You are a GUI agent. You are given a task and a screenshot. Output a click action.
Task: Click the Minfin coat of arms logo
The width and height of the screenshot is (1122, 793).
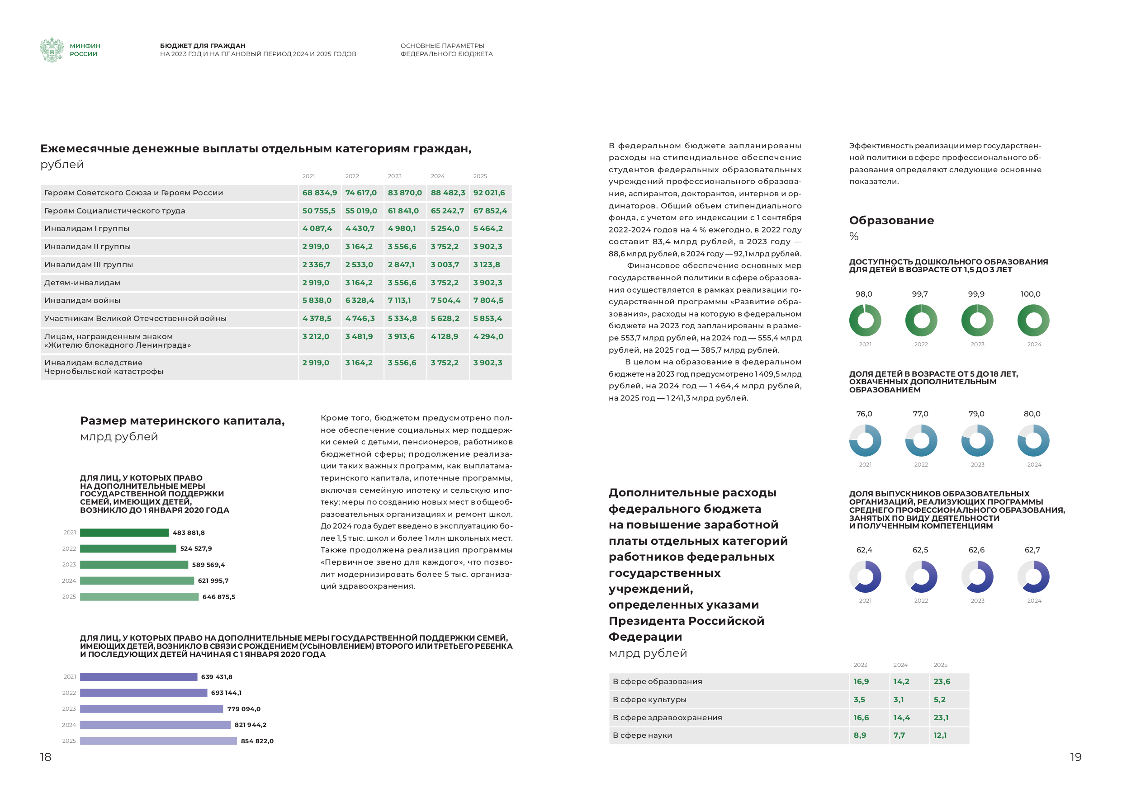point(52,50)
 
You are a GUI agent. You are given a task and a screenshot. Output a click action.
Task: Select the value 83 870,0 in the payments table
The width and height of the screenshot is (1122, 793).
point(404,193)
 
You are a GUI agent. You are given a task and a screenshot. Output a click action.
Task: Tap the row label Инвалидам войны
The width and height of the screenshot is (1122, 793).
point(82,301)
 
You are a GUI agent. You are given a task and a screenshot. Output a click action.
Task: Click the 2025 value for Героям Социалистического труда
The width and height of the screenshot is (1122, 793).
point(490,211)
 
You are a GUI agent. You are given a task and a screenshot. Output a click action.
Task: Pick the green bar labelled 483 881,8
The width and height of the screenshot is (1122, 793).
point(124,533)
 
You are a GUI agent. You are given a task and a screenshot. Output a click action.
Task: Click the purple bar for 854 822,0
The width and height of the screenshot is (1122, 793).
point(158,741)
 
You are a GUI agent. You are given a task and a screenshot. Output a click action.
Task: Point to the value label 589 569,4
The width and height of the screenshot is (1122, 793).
point(208,565)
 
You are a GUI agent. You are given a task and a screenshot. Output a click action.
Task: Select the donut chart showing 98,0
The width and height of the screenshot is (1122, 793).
point(865,321)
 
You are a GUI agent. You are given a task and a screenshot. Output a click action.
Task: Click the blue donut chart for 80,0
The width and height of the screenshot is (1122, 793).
point(1033,441)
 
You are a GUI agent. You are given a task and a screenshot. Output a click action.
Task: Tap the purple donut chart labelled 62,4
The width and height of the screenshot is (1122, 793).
point(865,576)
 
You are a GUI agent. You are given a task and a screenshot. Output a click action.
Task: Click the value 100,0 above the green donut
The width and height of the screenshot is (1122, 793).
point(1030,294)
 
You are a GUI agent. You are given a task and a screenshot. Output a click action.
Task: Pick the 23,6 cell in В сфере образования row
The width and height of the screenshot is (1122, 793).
point(942,682)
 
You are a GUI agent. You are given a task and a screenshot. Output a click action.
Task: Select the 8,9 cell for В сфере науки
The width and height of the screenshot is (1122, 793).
point(860,735)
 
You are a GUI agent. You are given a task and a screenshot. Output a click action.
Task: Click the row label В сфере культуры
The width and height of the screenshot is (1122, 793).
point(649,700)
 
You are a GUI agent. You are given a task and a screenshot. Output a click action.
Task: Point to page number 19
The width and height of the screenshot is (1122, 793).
point(1075,757)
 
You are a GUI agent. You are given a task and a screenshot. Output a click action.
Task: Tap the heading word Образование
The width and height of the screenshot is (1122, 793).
point(891,220)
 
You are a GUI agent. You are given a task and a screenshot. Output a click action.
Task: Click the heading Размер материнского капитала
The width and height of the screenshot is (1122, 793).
point(182,420)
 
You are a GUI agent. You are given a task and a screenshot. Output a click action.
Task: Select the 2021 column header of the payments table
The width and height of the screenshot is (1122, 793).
point(308,176)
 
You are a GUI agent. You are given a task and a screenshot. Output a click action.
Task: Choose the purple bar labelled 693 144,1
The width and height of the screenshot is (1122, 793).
point(144,693)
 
